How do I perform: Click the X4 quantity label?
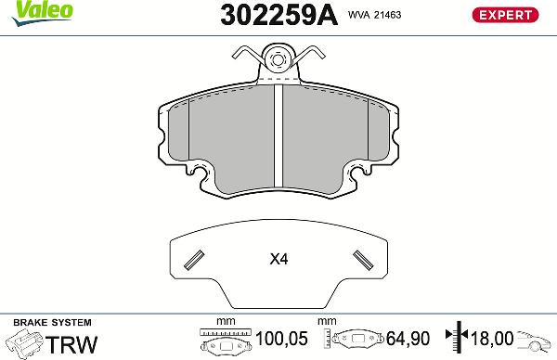tap(278, 260)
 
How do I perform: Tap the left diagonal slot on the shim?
tap(195, 259)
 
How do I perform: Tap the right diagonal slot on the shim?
tap(360, 259)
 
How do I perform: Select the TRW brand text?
tap(73, 343)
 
